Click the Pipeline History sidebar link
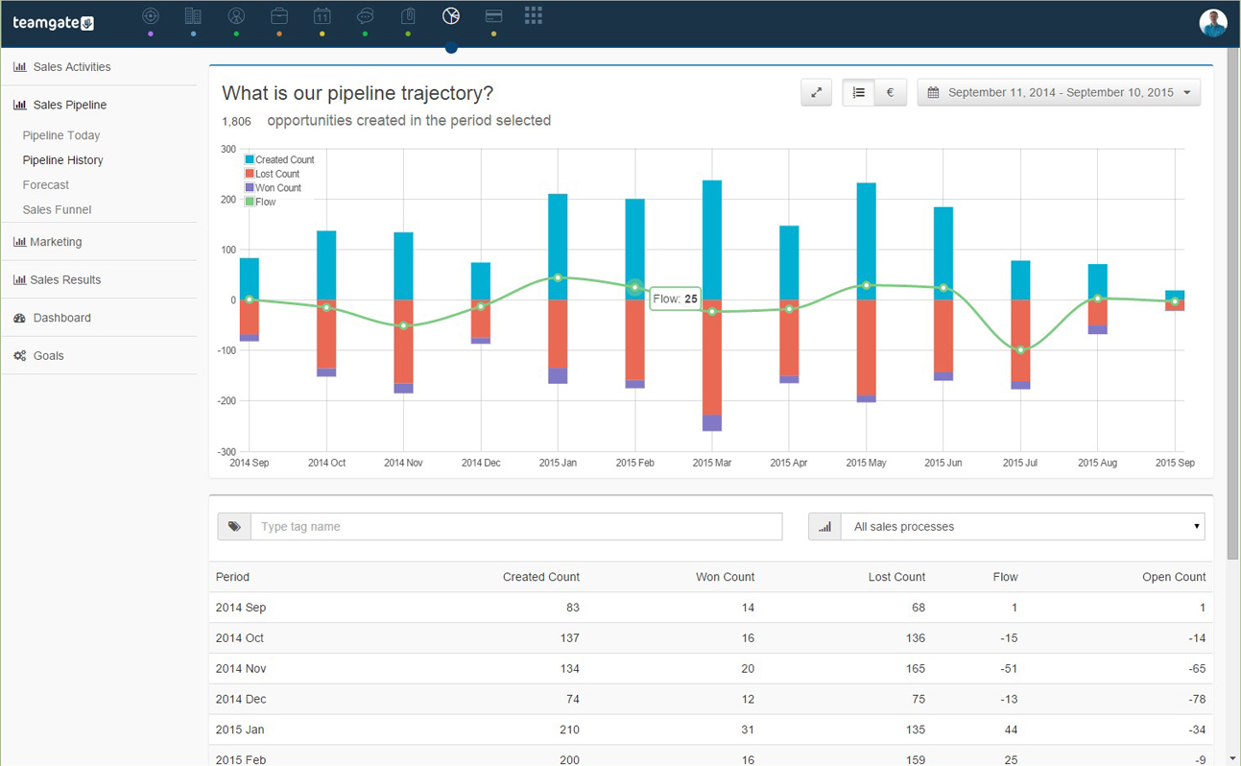tap(62, 160)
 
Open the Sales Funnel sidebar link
tap(57, 209)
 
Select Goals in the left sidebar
tap(48, 356)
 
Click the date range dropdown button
tap(1059, 93)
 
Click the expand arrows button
tap(816, 93)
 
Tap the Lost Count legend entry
tap(276, 174)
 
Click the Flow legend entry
tap(265, 203)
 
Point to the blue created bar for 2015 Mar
tap(712, 240)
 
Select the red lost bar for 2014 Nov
tap(403, 341)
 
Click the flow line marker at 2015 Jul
tap(1020, 349)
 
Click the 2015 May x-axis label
tap(866, 463)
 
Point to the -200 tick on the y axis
tap(227, 401)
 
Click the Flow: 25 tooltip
tap(676, 299)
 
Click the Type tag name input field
tap(516, 527)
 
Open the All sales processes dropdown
tap(1022, 527)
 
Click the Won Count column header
tap(725, 577)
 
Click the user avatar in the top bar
tap(1213, 23)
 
